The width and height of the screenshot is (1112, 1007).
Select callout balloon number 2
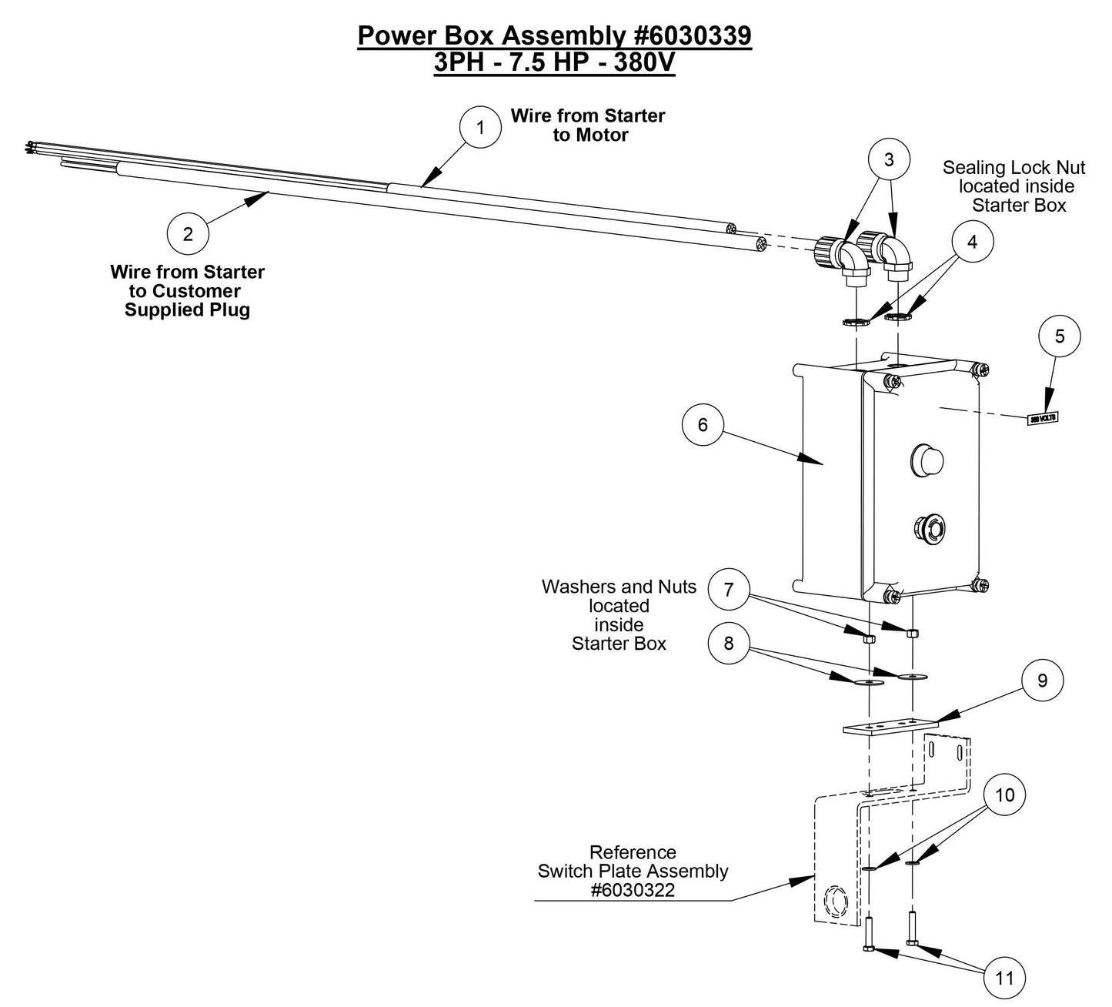(x=189, y=234)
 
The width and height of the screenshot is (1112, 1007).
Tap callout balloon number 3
(x=889, y=159)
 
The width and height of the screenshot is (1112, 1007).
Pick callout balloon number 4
(x=972, y=242)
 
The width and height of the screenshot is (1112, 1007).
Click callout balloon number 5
(x=1060, y=336)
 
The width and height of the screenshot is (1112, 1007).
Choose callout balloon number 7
(x=729, y=590)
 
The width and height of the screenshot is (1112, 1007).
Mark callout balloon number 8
(x=729, y=643)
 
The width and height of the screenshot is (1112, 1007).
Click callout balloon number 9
(x=1042, y=680)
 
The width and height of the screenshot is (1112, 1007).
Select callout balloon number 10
(x=1005, y=795)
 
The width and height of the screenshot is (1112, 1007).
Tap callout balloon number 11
(x=1005, y=978)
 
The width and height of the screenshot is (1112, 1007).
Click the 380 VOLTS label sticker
(x=1043, y=418)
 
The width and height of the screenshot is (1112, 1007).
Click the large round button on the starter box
(x=926, y=459)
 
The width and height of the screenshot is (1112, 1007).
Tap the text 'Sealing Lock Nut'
(x=1014, y=167)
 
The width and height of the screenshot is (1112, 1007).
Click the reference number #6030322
(x=632, y=890)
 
